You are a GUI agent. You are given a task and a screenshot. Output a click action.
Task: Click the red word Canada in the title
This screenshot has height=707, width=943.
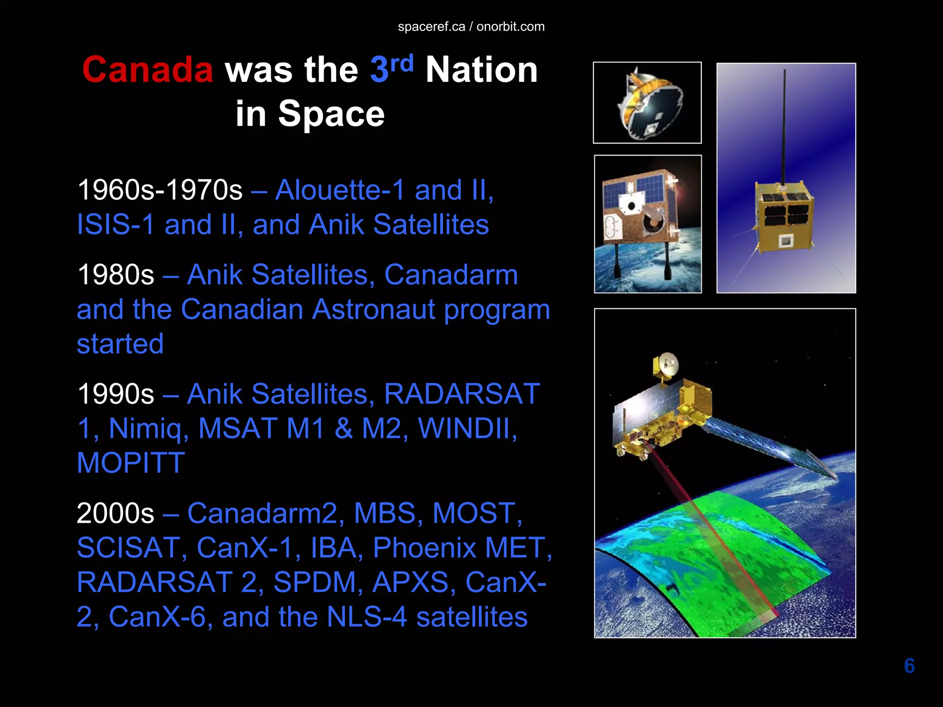[x=147, y=70]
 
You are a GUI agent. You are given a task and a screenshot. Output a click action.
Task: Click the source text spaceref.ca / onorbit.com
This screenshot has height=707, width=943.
[x=471, y=27]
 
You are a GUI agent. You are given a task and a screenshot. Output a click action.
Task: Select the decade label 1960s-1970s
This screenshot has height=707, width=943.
[x=160, y=190]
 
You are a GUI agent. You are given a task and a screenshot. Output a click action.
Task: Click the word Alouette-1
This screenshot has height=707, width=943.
[x=341, y=190]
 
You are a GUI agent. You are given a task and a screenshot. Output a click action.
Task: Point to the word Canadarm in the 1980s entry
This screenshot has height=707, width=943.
[x=451, y=275]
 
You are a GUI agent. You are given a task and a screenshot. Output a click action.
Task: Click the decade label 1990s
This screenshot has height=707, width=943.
[x=116, y=394]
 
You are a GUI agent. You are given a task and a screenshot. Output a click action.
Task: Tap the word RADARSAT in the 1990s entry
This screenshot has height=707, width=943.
[x=462, y=394]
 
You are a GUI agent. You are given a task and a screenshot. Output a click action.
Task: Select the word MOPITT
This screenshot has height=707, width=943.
[x=131, y=463]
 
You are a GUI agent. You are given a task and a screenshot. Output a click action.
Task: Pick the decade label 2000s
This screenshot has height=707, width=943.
[x=116, y=513]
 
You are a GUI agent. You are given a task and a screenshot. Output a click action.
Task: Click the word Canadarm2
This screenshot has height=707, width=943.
[x=262, y=513]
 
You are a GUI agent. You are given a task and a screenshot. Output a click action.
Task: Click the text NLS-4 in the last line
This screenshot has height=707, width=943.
[x=367, y=617]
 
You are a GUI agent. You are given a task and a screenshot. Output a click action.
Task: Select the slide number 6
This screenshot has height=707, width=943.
[x=909, y=666]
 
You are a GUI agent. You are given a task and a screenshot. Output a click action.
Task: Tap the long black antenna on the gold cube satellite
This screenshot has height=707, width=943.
[x=784, y=124]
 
